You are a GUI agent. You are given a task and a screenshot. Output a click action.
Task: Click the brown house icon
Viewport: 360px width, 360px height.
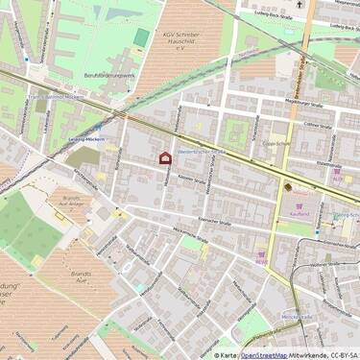pos(164,157)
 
